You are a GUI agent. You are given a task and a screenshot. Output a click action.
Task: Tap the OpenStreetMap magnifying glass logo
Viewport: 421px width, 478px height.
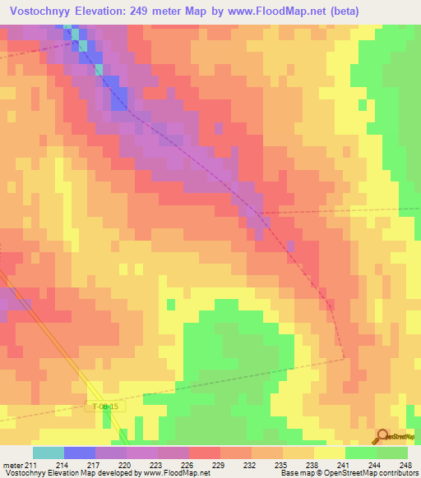382,436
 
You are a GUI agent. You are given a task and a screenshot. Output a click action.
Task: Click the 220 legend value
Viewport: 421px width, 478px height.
127,466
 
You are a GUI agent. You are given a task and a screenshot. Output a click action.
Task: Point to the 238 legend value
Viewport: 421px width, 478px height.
314,466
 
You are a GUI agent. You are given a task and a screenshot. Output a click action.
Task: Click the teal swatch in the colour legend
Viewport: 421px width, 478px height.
49,453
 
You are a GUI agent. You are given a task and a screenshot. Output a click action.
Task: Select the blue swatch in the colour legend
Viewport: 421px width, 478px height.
80,453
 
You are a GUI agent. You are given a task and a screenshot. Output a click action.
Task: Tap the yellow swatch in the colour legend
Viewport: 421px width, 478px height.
330,453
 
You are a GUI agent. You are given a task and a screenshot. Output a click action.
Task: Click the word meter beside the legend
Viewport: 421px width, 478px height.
12,466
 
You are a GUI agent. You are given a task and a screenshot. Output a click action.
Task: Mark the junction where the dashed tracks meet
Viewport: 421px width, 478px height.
262,214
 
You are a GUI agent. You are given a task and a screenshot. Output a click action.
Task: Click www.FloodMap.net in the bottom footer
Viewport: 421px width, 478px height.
173,474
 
